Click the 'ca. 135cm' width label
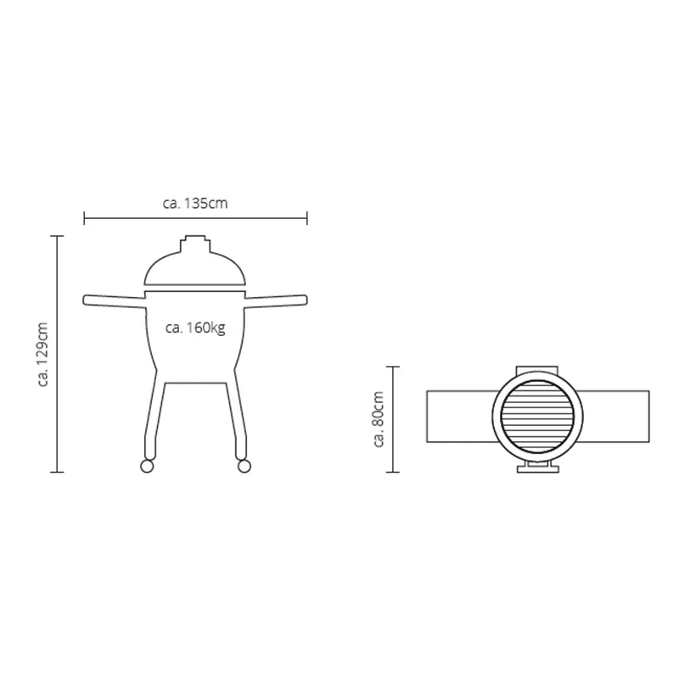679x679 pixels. [195, 203]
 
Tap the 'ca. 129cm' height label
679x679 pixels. [43, 354]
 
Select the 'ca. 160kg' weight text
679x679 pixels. [195, 328]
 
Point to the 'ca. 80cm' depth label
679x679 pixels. [379, 418]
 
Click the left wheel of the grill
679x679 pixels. [147, 466]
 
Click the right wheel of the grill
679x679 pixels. [244, 466]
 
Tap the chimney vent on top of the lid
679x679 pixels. [195, 244]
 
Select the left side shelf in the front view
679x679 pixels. [115, 301]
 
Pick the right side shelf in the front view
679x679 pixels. [277, 301]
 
